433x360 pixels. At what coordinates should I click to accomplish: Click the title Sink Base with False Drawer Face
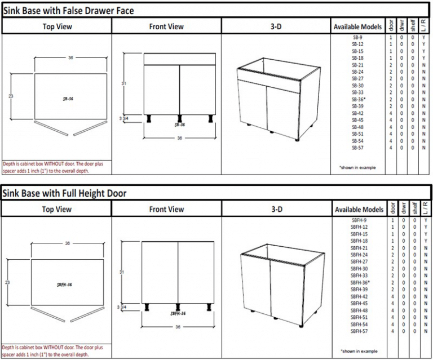pos(69,10)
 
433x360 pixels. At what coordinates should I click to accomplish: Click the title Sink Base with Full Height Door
pos(64,193)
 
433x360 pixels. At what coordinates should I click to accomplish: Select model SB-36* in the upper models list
pos(359,99)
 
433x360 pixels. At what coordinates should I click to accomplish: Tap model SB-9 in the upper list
pos(357,38)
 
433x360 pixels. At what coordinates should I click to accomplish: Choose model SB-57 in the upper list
pos(357,148)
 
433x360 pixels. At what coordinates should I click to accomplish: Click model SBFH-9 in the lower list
pos(359,220)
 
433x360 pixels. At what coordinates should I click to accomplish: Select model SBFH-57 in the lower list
pos(359,331)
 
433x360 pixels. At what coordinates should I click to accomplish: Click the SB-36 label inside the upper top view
pos(68,99)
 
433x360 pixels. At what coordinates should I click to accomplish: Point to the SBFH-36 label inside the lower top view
pos(66,285)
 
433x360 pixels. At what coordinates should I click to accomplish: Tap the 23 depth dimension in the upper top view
pos(10,96)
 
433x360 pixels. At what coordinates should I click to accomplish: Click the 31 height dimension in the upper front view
pos(124,83)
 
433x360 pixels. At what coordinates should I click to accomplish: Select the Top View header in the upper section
pos(56,26)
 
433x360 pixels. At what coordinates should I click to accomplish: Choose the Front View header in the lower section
pos(166,210)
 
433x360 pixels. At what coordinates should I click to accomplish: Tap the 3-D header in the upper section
pos(276,26)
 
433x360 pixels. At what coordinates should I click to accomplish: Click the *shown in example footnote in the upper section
pos(356,168)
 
